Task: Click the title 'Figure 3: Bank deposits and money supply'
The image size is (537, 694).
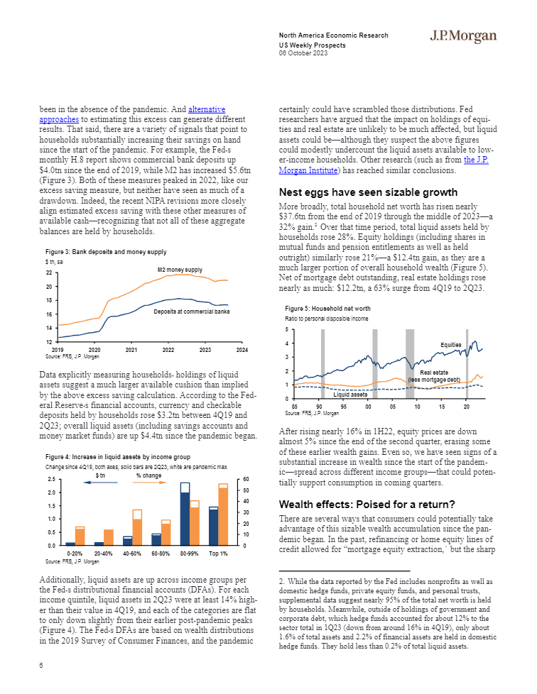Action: [106, 253]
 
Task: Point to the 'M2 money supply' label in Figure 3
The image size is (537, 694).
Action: [180, 270]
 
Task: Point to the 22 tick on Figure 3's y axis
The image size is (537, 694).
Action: [49, 273]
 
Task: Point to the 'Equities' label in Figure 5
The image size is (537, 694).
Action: [451, 345]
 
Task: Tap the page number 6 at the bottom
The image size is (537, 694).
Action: [41, 665]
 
